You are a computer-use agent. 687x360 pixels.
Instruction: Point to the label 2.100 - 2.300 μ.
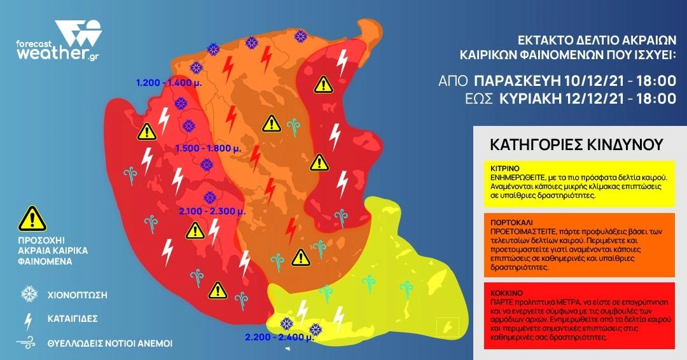click(207, 211)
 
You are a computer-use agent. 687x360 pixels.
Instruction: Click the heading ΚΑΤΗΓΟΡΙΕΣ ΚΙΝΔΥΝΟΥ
click(576, 144)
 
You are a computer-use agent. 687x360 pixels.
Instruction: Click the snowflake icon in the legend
click(29, 294)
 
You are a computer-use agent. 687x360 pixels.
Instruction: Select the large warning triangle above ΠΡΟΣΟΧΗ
click(29, 219)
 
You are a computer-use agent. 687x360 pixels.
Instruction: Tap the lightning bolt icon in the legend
click(28, 319)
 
